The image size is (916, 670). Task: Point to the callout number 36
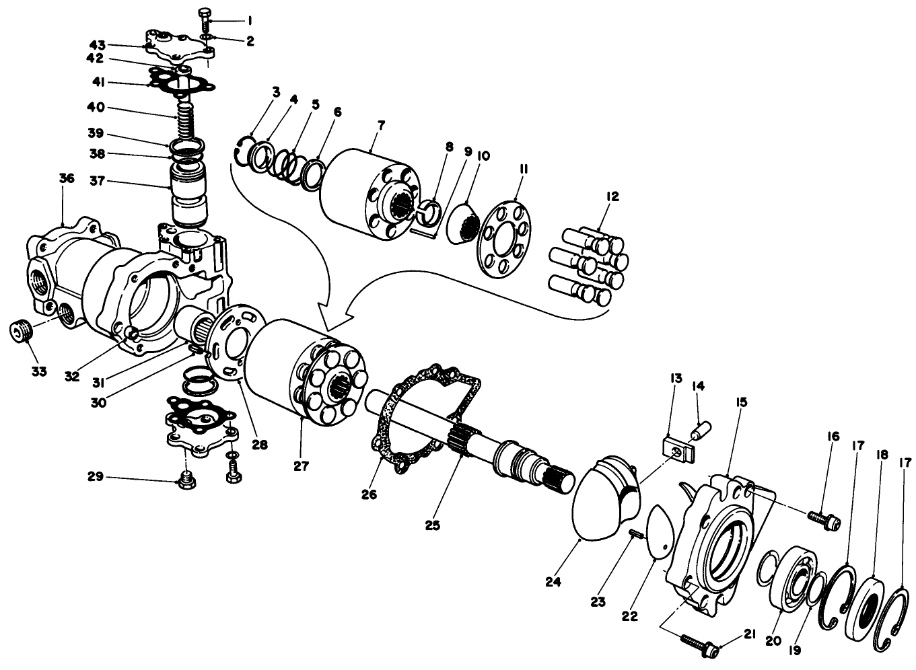(66, 178)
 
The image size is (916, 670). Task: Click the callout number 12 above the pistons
(612, 197)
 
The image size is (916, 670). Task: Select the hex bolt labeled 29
(186, 480)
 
